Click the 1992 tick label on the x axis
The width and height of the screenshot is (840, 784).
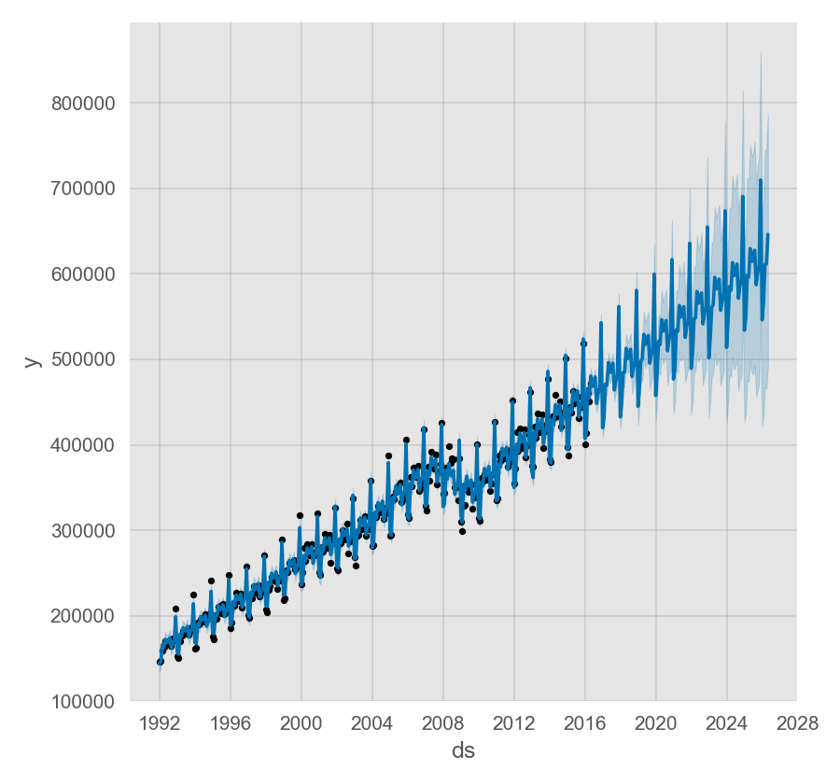click(x=160, y=723)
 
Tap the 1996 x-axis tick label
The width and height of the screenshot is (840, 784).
click(x=231, y=723)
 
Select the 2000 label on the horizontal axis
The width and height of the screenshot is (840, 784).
click(x=301, y=723)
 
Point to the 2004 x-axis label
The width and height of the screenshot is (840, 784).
click(x=372, y=723)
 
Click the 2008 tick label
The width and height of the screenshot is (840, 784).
click(x=443, y=723)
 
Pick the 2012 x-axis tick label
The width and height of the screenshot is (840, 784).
click(x=514, y=723)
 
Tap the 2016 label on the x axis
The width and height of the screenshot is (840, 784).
click(x=585, y=723)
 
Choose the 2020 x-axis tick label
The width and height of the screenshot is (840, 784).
click(x=655, y=723)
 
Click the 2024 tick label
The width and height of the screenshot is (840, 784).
click(x=726, y=723)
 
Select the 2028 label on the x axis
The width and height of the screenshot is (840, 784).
click(x=797, y=723)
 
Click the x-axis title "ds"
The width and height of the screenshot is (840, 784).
click(x=463, y=750)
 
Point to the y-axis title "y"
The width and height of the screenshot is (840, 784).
click(x=33, y=360)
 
